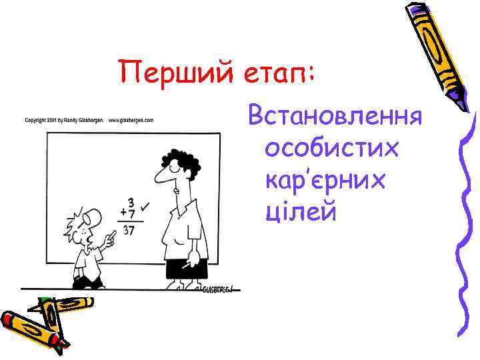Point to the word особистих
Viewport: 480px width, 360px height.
[331, 149]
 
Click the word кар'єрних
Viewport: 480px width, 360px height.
[325, 181]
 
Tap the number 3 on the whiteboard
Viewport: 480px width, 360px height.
[130, 201]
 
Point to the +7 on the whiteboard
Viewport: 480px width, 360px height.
[127, 214]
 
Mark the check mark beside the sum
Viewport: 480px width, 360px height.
[145, 209]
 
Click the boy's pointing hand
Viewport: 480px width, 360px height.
[110, 235]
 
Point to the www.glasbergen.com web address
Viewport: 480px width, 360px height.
[131, 120]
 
